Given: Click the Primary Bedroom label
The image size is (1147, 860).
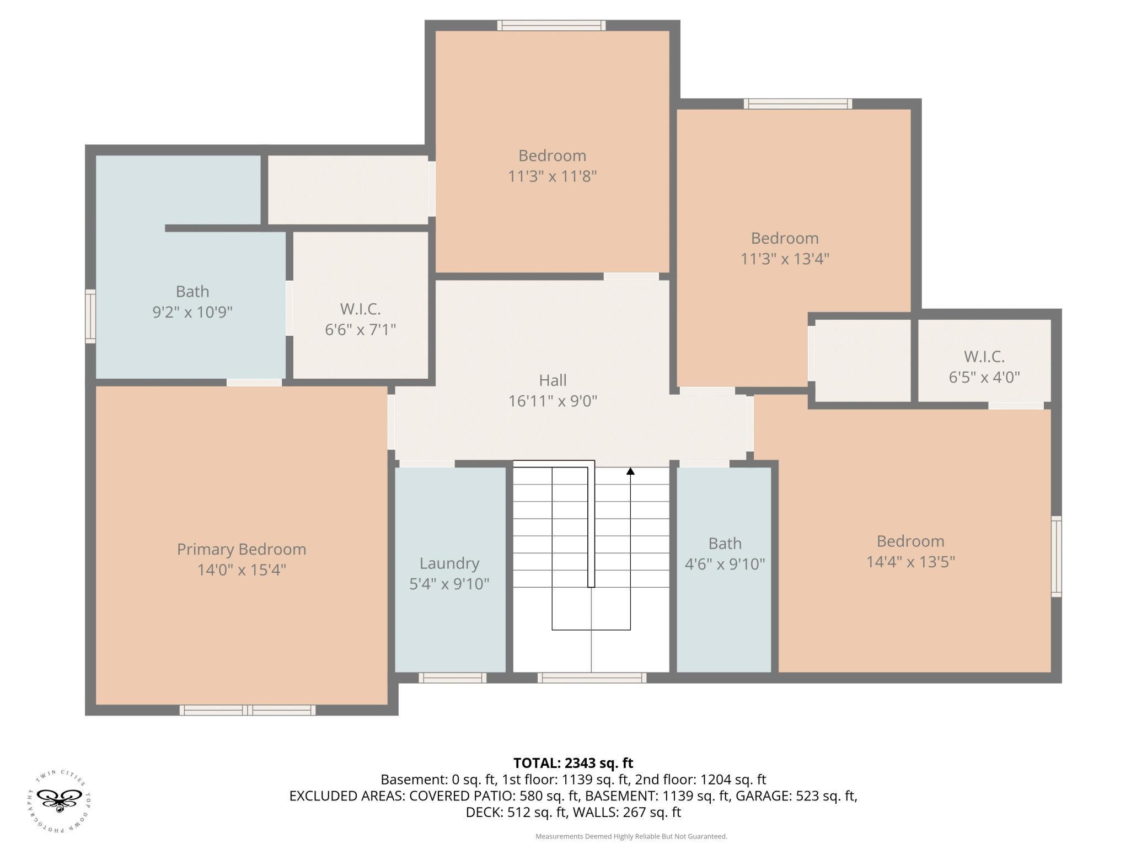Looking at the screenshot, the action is tap(242, 549).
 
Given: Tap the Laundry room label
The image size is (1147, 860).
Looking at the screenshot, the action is tap(449, 563).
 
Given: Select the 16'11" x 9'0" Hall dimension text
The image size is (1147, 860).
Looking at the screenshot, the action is tap(553, 401).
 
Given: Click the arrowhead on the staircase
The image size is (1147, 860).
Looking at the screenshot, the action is tap(630, 471).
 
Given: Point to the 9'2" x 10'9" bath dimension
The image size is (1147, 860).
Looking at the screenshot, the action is tap(192, 312).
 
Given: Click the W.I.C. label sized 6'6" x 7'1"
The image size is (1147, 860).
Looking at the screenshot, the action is tap(360, 309).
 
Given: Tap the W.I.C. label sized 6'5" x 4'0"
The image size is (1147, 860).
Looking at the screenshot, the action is tap(984, 357).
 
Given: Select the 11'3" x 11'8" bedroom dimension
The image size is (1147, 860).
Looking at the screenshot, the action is tap(552, 176).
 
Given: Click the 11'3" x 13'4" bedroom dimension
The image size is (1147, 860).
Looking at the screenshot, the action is tap(785, 259).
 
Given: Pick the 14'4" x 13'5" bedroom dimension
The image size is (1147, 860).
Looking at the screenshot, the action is tap(910, 562).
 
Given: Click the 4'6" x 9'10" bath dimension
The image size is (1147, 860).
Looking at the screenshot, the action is tap(725, 564).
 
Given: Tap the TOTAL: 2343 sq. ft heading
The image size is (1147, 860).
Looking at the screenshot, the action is tap(573, 763).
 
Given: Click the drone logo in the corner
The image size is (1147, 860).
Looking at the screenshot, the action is tap(58, 803).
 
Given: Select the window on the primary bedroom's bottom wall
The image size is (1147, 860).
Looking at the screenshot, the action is tap(248, 710).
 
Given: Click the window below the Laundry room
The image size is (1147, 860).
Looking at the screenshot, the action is tap(452, 678).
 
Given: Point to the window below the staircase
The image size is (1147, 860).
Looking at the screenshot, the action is tap(592, 678).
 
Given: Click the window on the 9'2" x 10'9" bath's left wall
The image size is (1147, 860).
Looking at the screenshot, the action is tap(90, 316).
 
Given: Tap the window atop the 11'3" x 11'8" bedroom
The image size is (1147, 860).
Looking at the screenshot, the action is tap(551, 25).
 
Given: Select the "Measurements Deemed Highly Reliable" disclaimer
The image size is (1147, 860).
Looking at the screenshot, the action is tap(631, 836).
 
